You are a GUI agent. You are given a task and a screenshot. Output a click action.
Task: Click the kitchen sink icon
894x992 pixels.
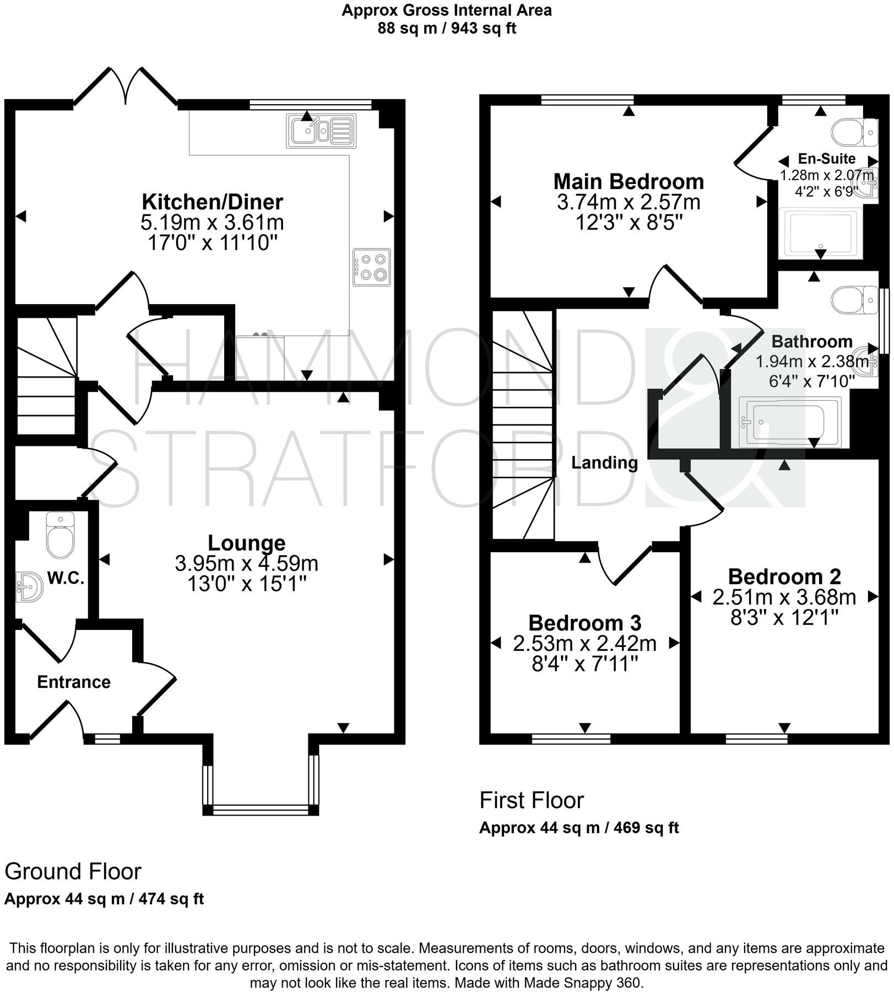click(321, 131)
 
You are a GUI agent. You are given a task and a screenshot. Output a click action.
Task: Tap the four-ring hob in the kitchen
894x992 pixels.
click(372, 267)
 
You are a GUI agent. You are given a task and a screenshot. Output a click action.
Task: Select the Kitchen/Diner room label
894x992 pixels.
click(213, 202)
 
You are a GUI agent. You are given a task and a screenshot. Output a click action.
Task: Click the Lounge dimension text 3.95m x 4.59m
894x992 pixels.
click(246, 564)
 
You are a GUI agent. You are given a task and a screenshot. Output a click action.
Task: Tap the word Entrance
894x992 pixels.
click(74, 682)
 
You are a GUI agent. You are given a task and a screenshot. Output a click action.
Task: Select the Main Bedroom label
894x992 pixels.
click(628, 181)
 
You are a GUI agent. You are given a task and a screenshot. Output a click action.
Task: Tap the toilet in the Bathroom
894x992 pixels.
click(853, 300)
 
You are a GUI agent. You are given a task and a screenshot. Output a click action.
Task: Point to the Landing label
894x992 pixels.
click(604, 463)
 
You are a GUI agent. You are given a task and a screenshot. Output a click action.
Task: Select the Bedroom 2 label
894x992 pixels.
click(784, 577)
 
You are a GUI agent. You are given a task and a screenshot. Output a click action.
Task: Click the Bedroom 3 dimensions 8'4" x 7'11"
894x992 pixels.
click(584, 664)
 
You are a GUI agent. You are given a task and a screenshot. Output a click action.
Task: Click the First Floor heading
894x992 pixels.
click(532, 800)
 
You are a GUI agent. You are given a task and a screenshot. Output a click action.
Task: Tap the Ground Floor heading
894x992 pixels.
click(73, 872)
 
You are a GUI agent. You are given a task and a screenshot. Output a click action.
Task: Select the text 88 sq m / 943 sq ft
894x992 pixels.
click(446, 28)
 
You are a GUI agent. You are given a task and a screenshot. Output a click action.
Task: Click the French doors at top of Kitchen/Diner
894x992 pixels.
click(126, 87)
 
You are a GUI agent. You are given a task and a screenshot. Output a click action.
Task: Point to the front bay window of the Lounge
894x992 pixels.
click(261, 810)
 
